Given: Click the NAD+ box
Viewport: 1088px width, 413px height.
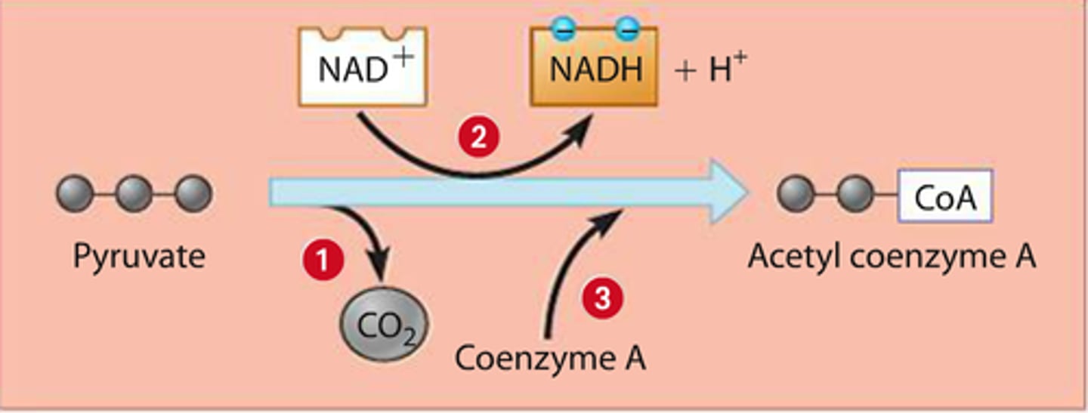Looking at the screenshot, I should coord(363,68).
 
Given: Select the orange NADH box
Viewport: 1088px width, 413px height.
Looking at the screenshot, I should coord(595,69).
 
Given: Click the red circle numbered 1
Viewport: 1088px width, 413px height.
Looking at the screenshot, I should coord(323,260).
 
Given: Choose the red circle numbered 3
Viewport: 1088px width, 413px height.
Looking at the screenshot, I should coord(601,300).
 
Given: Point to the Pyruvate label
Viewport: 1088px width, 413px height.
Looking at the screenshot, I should coord(139,257).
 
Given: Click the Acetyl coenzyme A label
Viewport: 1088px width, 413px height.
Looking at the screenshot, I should coord(892,257).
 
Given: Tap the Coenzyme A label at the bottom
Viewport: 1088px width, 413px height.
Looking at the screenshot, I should coord(550,358).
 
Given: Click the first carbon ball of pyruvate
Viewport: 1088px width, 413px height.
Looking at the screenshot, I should coord(75,194).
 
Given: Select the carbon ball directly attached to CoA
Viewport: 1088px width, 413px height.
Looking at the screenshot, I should coord(856,195).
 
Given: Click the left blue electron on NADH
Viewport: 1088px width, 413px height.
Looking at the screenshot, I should coord(566,29).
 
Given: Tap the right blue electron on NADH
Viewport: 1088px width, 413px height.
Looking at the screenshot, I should coord(625,29).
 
